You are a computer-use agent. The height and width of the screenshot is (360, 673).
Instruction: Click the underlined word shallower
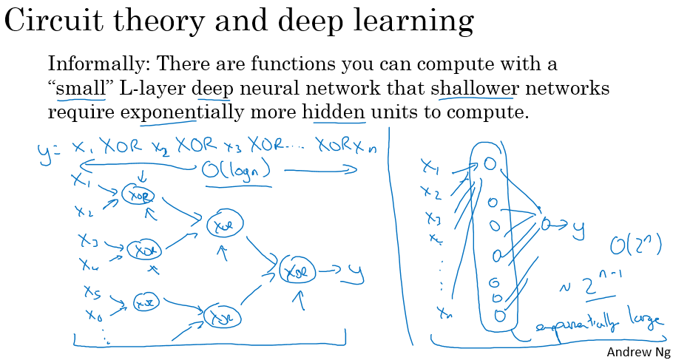pos(474,89)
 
